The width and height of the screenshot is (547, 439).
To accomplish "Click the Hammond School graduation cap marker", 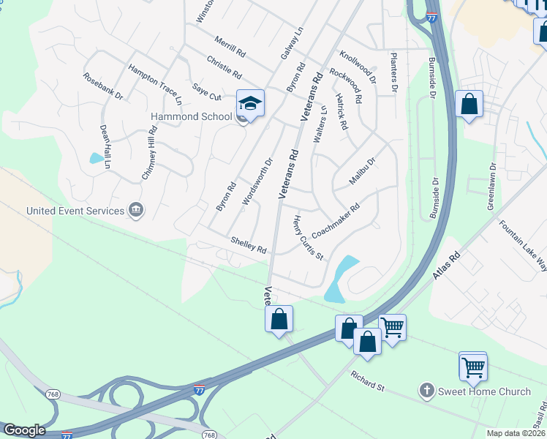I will (x=249, y=104).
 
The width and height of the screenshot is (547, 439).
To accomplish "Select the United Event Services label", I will (x=75, y=211).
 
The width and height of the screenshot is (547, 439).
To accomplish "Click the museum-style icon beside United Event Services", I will (x=135, y=211).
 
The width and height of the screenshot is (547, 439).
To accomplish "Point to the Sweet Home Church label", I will (x=484, y=391).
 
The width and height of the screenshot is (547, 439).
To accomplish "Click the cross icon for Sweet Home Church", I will (x=427, y=391).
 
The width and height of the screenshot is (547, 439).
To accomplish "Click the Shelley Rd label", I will (x=248, y=244).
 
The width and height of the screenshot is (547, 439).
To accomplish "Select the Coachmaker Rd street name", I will (x=336, y=220).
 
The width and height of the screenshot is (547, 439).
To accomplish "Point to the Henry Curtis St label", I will (x=308, y=237).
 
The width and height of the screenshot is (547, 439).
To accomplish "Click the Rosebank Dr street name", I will (x=102, y=86).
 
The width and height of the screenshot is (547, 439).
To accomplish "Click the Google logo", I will (x=23, y=430).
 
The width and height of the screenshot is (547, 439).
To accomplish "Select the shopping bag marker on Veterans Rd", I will (x=279, y=319).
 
